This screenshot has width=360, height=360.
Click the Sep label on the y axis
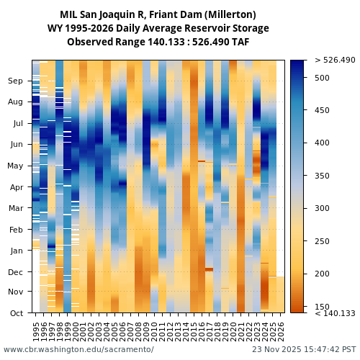[16, 81]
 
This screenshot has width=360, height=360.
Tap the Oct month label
[16, 313]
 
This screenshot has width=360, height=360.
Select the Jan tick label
[16, 251]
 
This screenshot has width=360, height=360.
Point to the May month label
[15, 166]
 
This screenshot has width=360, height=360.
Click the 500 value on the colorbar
[322, 78]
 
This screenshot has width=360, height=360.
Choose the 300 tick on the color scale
[322, 209]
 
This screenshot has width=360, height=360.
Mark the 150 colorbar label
[322, 307]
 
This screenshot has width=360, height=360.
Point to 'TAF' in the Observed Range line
[240, 42]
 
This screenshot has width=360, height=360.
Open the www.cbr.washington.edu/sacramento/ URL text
[78, 350]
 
